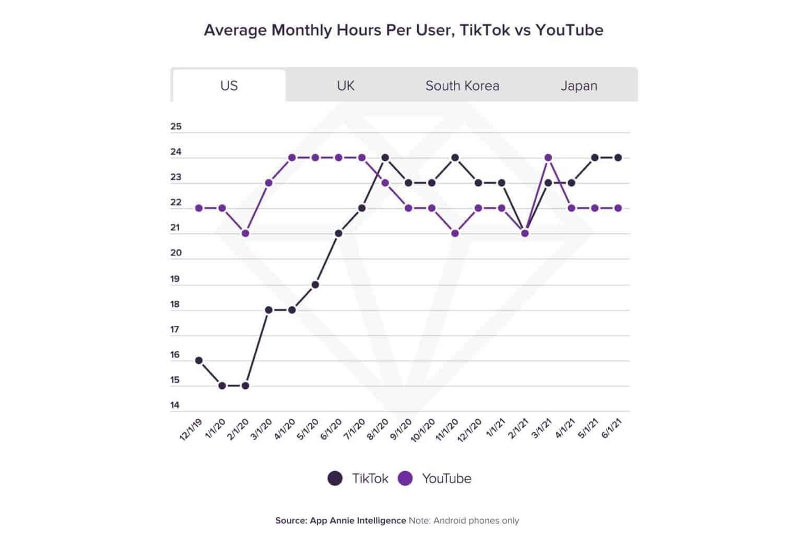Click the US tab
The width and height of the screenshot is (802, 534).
[x=229, y=86]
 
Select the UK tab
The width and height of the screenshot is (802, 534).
[x=346, y=86]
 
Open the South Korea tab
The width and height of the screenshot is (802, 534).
[x=462, y=86]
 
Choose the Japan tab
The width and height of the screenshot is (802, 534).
[x=579, y=86]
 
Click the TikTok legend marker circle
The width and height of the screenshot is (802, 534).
[x=335, y=478]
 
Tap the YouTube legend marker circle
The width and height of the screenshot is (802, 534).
[x=405, y=478]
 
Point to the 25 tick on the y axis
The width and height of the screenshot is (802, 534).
[x=176, y=126]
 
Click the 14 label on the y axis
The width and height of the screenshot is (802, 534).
[x=175, y=405]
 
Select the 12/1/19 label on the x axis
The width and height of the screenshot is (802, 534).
[x=191, y=430]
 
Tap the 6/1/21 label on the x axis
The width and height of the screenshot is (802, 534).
[x=612, y=430]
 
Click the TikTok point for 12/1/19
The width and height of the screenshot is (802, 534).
[x=199, y=360]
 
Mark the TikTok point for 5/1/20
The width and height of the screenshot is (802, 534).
[x=315, y=284]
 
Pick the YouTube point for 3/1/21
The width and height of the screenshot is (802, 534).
[x=548, y=158]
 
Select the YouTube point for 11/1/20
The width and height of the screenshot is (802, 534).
[x=455, y=233]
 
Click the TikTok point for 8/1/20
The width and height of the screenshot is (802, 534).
[x=385, y=158]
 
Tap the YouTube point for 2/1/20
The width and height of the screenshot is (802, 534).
[x=245, y=233]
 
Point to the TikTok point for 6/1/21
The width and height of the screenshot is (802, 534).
[x=618, y=158]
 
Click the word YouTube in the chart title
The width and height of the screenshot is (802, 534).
[x=569, y=30]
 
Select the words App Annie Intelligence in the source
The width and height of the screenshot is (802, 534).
[x=358, y=520]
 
